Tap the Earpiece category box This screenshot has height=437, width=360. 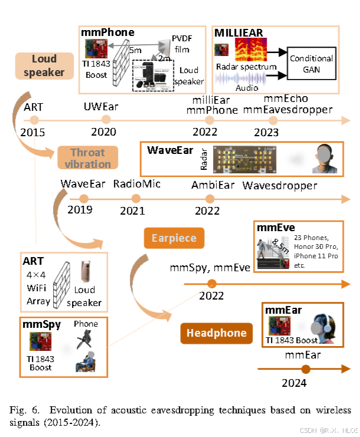point(174,238)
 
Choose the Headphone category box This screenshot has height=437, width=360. point(217,333)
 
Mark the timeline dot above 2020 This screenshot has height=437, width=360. point(104,120)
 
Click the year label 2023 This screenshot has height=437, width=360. point(265,132)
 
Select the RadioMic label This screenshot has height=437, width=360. point(137,185)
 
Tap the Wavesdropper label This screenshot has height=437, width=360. point(280,185)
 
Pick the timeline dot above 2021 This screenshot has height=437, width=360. point(136,198)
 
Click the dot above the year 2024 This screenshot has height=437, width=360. point(305,370)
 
